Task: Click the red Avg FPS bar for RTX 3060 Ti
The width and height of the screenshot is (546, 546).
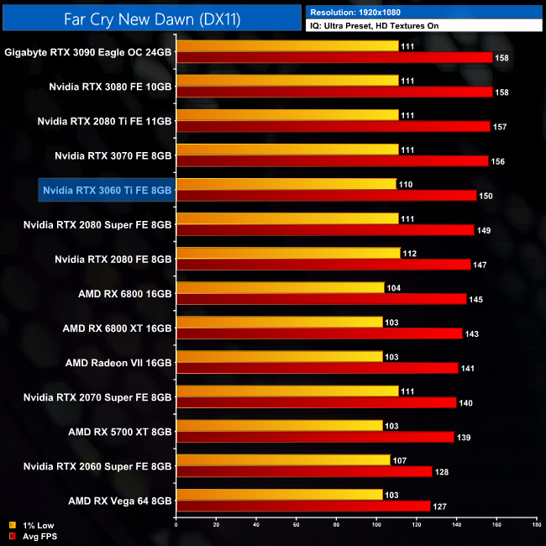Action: point(326,195)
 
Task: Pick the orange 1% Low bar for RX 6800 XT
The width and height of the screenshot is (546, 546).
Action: point(279,322)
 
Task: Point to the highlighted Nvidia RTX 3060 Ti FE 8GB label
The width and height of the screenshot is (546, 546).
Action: point(108,191)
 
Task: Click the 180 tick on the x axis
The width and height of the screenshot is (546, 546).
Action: point(536,526)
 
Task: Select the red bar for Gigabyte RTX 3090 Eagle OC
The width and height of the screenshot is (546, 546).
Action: point(334,57)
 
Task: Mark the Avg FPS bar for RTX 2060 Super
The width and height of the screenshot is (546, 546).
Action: point(304,471)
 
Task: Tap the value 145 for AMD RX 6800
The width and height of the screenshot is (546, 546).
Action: point(477,299)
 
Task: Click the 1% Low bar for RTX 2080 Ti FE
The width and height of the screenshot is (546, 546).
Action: point(287,114)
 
